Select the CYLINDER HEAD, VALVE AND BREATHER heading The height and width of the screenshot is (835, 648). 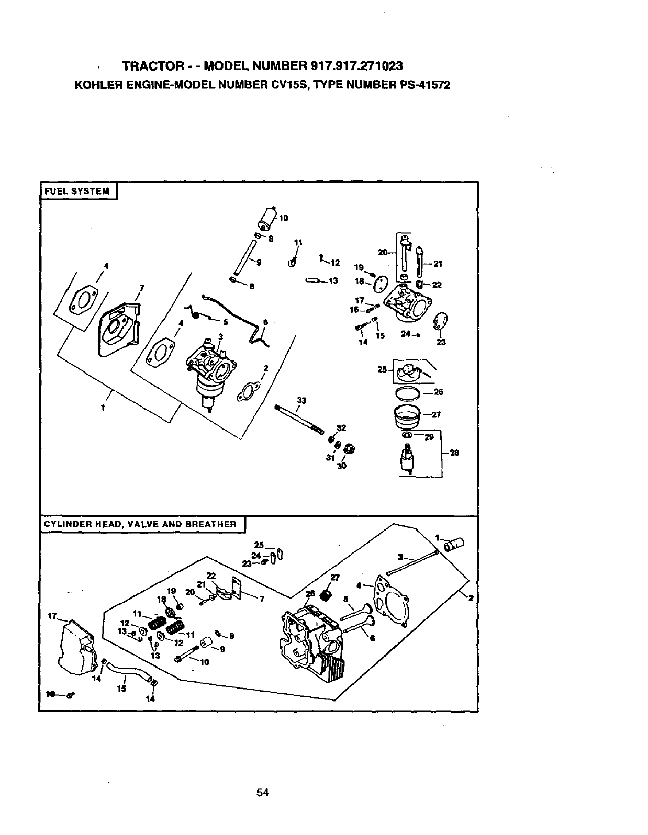(140, 524)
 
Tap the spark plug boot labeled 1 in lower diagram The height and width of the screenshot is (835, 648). (454, 546)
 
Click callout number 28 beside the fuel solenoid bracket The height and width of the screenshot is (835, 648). (454, 453)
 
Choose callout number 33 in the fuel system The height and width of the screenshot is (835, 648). (301, 401)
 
